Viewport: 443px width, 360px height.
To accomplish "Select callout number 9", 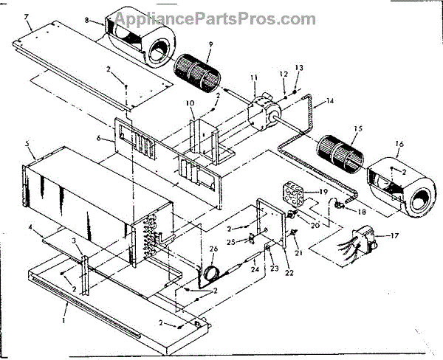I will point(210,44).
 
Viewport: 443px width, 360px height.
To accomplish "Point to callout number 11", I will point(253,77).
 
